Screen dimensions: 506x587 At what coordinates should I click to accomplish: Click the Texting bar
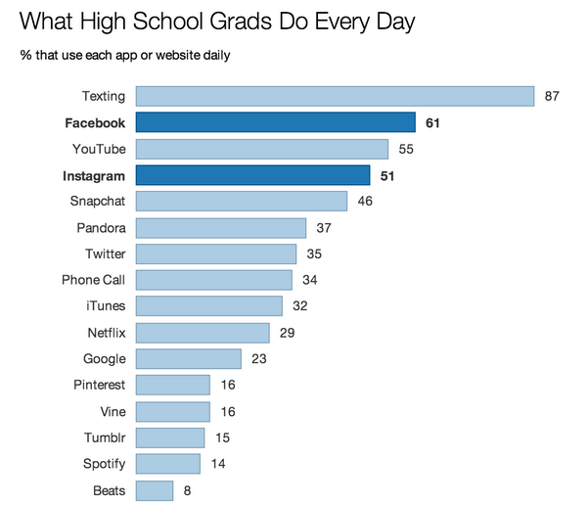point(335,96)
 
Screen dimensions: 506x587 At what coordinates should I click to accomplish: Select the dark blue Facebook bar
point(276,122)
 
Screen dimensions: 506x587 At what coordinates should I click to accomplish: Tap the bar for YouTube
point(262,149)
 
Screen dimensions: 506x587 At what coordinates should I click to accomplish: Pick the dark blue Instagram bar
point(252,175)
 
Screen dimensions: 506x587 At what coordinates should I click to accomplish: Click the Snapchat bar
point(242,202)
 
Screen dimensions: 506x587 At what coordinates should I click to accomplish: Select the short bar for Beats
point(155,489)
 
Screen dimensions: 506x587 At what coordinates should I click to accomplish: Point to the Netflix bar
point(203,333)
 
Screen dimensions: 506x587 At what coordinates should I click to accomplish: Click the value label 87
point(552,96)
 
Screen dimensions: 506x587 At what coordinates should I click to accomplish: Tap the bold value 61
point(433,122)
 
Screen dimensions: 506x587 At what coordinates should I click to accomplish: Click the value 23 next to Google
point(259,359)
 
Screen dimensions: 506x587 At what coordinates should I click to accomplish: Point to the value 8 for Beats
point(187,489)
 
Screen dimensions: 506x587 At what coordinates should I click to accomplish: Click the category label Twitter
point(106,254)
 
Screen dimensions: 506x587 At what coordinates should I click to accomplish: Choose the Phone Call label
point(94,281)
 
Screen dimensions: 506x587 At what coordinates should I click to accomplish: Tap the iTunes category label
point(106,306)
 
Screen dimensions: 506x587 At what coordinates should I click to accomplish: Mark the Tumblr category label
point(104,437)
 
